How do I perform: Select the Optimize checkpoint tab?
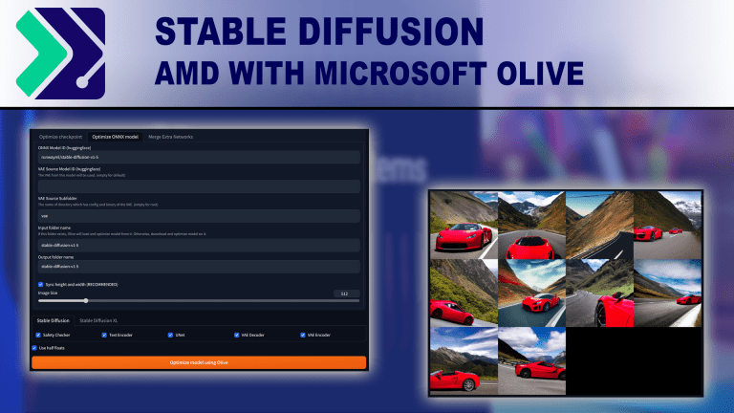(x=60, y=137)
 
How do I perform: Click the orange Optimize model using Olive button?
(x=199, y=362)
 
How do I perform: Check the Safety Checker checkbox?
(x=37, y=336)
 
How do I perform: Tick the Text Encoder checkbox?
(x=103, y=336)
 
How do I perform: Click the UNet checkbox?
(x=169, y=336)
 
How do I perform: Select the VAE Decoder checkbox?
(x=235, y=336)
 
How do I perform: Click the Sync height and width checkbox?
(x=40, y=284)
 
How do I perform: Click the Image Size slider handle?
(x=86, y=301)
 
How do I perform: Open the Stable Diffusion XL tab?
(x=105, y=320)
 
